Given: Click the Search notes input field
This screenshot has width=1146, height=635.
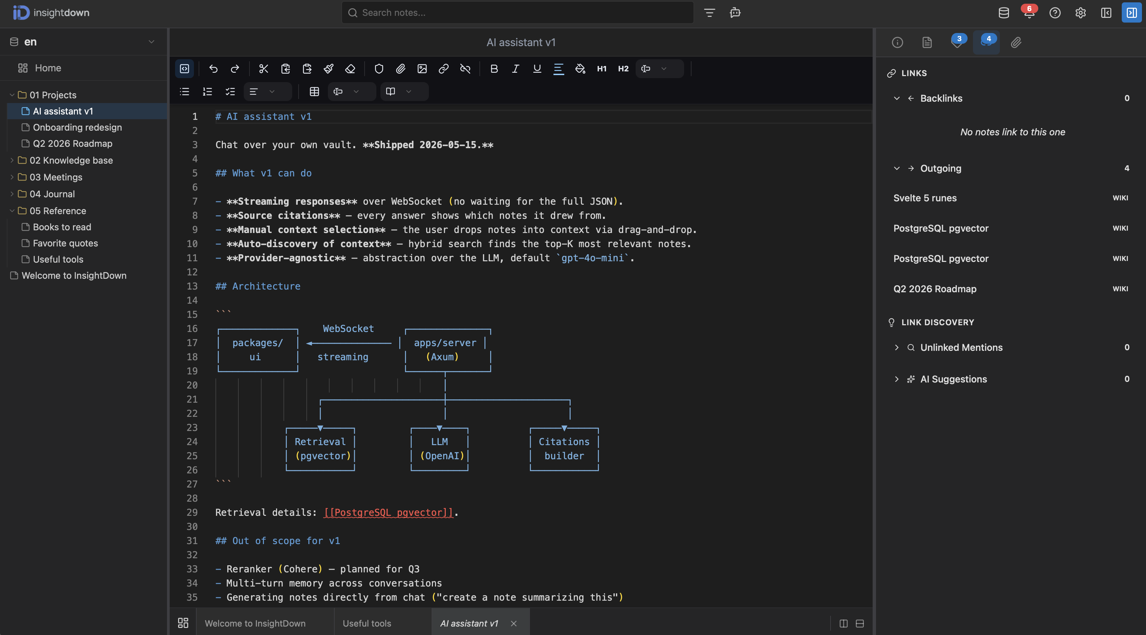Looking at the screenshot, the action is (x=517, y=13).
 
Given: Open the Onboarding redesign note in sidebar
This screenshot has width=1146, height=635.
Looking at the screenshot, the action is (x=77, y=127).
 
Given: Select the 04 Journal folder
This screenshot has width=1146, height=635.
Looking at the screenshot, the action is (x=52, y=194).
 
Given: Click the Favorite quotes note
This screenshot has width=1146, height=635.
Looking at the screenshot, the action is (x=65, y=243).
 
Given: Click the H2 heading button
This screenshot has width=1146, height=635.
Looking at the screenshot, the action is (x=623, y=69).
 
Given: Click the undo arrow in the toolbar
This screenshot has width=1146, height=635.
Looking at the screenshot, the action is (x=213, y=69).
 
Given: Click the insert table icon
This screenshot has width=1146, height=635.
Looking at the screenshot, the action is (x=314, y=92).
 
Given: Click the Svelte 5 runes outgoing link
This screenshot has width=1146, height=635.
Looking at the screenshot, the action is (x=925, y=198).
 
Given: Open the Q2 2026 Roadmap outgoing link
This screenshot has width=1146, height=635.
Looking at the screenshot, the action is (x=935, y=289).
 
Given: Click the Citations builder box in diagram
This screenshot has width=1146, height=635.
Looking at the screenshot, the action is (x=564, y=448).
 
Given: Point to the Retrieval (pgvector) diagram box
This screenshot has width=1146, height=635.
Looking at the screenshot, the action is (x=320, y=448).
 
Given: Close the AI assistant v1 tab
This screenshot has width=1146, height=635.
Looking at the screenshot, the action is (x=514, y=624).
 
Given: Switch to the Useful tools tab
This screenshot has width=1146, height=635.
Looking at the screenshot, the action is (x=367, y=624).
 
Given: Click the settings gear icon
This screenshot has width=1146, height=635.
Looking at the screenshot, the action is (x=1081, y=13).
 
